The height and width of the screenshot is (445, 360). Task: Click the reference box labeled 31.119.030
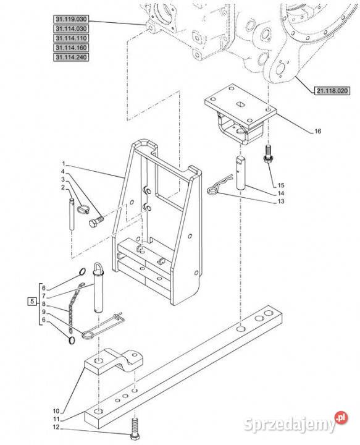coord(71,19)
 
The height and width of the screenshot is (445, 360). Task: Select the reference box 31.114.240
coord(71,57)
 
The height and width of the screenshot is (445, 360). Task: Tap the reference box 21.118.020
coord(332,91)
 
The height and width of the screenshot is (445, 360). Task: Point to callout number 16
coord(318,131)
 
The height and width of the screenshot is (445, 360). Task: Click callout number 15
coord(280,185)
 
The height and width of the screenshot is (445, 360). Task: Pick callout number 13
coord(280,201)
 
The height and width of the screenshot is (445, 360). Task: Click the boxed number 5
coord(33,301)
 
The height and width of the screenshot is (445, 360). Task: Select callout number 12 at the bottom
coord(56,427)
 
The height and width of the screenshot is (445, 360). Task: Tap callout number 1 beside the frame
coord(64,164)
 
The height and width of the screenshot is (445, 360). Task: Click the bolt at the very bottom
coord(134,430)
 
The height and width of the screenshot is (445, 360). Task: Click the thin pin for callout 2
coord(72,214)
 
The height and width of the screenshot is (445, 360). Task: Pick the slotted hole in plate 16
coord(241,104)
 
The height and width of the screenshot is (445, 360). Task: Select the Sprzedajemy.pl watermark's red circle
coord(341,418)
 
